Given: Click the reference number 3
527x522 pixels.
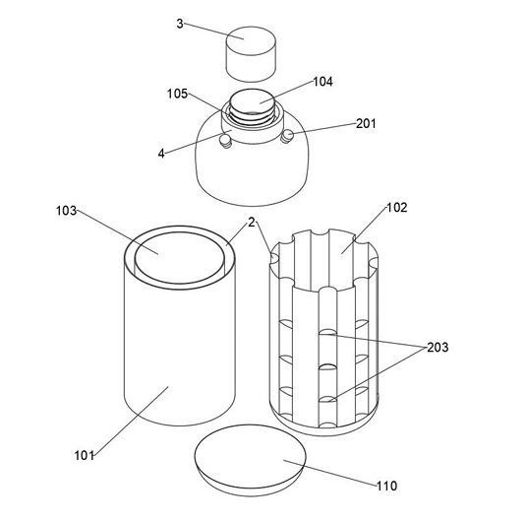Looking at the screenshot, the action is [x=180, y=24].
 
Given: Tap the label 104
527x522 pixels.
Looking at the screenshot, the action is [x=322, y=82].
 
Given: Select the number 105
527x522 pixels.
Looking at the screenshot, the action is [x=177, y=94].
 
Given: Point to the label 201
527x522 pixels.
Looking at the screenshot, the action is [x=366, y=123].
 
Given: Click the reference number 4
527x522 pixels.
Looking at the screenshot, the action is [x=161, y=154].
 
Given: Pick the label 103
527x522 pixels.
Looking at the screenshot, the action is [x=66, y=211].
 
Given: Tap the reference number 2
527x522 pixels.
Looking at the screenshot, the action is [x=252, y=222].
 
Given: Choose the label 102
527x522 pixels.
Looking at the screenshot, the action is [x=397, y=208].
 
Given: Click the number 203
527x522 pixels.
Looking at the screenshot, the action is [x=438, y=348].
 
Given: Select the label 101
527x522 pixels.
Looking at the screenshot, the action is [x=84, y=456].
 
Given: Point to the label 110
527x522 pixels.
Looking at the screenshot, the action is [x=386, y=486].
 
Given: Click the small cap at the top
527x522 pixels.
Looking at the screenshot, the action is [x=251, y=54].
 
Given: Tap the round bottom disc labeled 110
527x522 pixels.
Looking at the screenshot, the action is [x=251, y=460].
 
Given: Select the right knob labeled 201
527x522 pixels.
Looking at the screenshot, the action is [x=287, y=136].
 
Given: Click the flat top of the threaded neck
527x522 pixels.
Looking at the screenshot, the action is [x=252, y=101].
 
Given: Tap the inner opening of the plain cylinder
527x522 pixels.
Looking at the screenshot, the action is [x=180, y=258].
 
